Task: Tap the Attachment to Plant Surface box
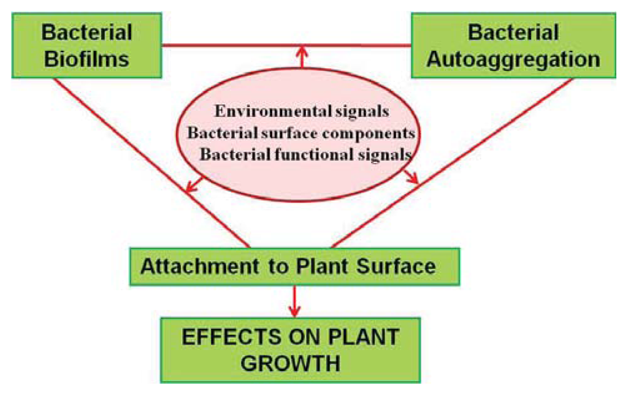294,266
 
